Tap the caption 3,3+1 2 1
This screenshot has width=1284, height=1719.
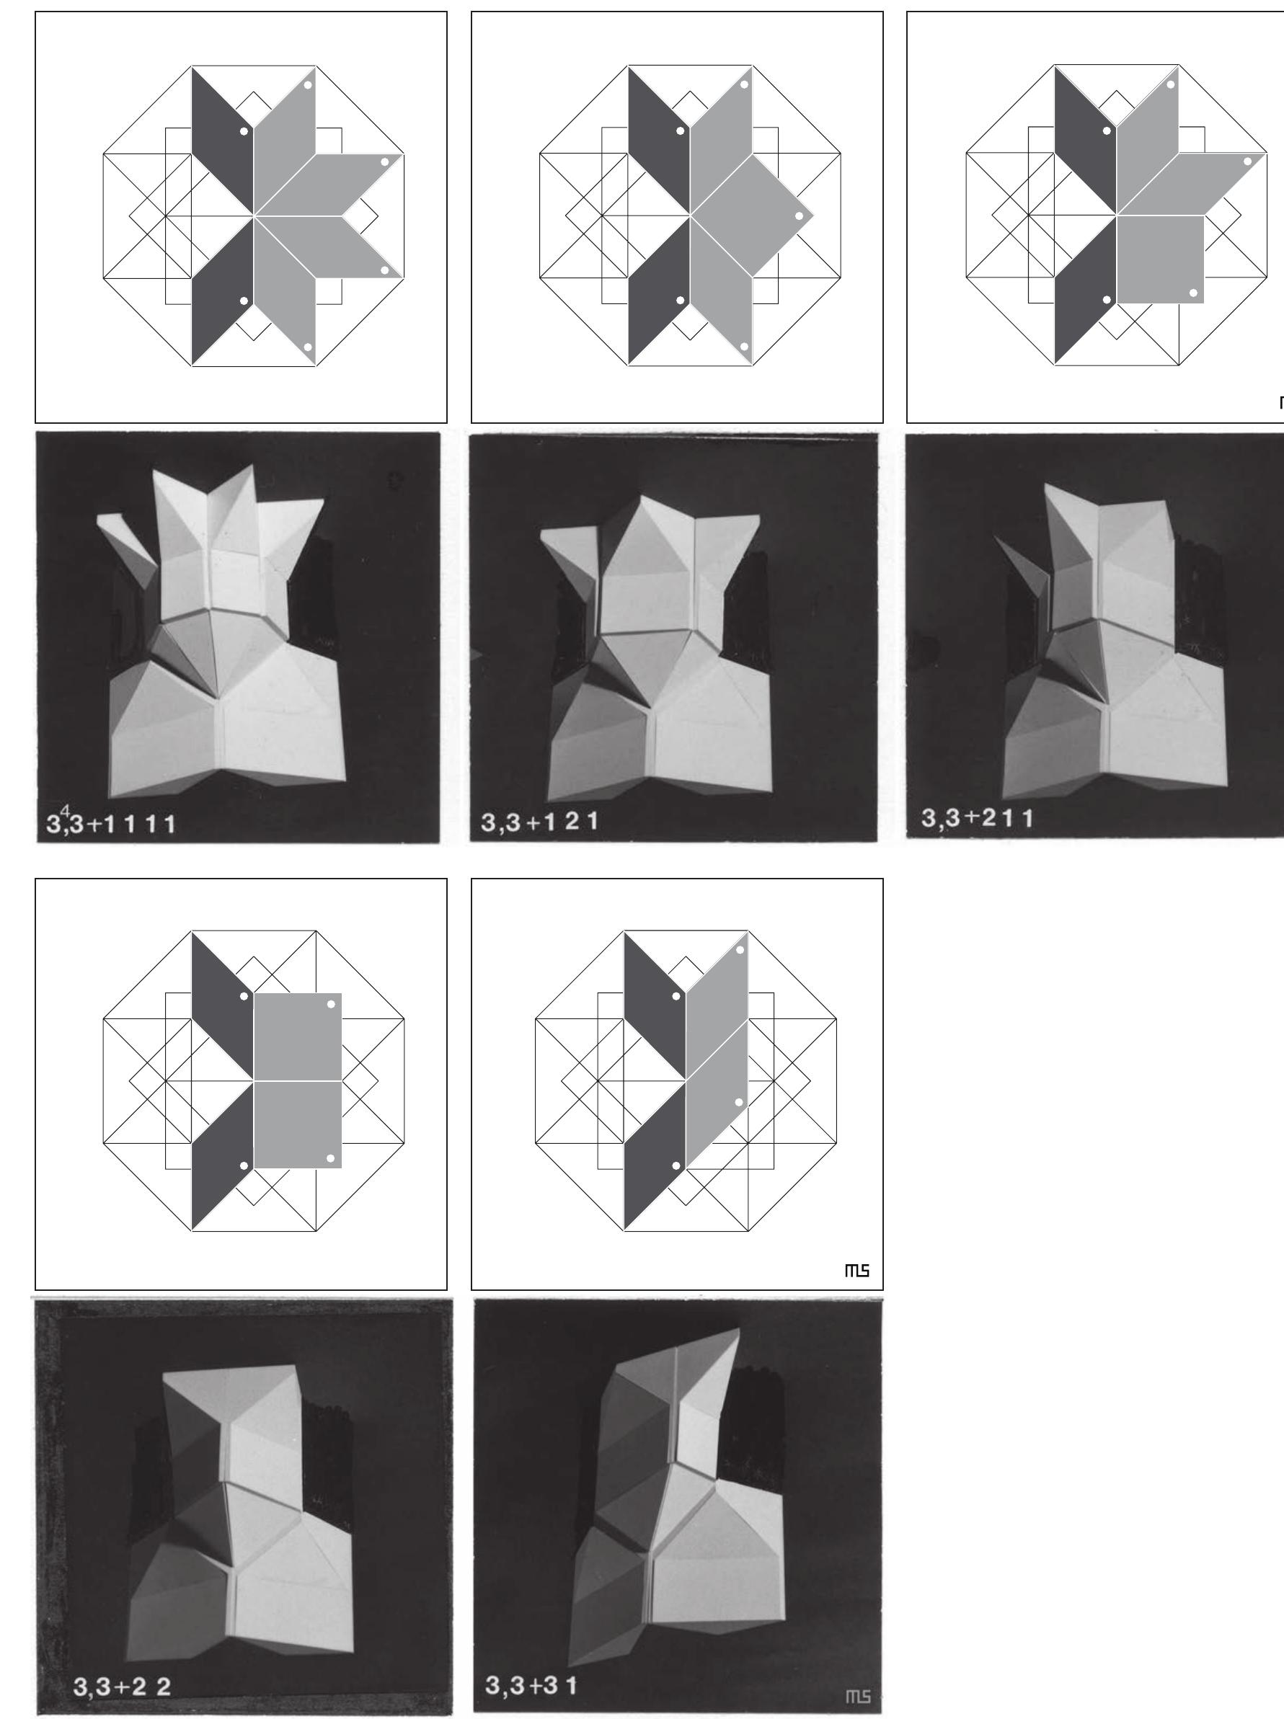coord(539,822)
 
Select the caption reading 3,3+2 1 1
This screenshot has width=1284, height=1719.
coord(977,818)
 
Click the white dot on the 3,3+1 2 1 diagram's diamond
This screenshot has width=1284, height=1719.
coord(799,216)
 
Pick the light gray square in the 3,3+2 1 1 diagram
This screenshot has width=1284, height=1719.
coord(1160,259)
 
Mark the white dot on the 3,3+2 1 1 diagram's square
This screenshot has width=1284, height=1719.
coord(1194,293)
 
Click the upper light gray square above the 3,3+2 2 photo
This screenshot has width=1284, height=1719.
coord(297,1036)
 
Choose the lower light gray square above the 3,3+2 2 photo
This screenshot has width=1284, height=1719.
coord(297,1124)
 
